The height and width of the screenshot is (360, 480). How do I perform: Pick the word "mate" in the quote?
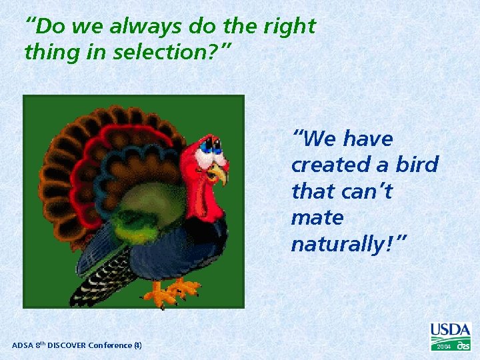click(x=317, y=218)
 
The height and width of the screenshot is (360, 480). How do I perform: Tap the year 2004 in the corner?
click(x=443, y=347)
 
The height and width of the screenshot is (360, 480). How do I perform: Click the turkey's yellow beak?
click(x=218, y=174)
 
